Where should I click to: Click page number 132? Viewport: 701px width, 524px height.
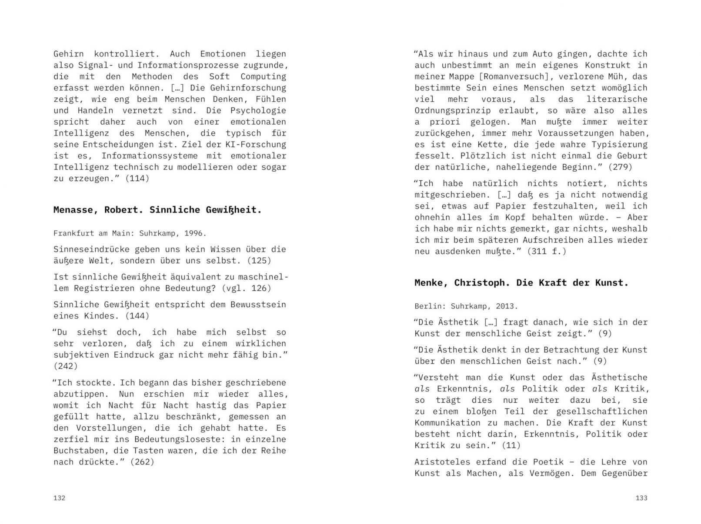pyautogui.click(x=59, y=498)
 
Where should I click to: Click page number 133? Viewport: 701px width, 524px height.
pyautogui.click(x=641, y=498)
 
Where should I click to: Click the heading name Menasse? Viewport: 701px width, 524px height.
pyautogui.click(x=76, y=210)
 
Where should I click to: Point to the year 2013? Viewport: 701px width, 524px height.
pyautogui.click(x=507, y=306)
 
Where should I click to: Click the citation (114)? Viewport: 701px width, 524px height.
pyautogui.click(x=137, y=179)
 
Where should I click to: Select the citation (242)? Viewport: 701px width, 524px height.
pyautogui.click(x=65, y=366)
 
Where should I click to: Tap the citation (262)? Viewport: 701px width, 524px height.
pyautogui.click(x=142, y=462)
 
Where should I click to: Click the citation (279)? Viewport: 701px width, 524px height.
pyautogui.click(x=620, y=167)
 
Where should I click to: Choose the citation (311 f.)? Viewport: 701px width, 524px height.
pyautogui.click(x=547, y=251)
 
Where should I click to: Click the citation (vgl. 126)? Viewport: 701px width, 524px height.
pyautogui.click(x=247, y=288)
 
